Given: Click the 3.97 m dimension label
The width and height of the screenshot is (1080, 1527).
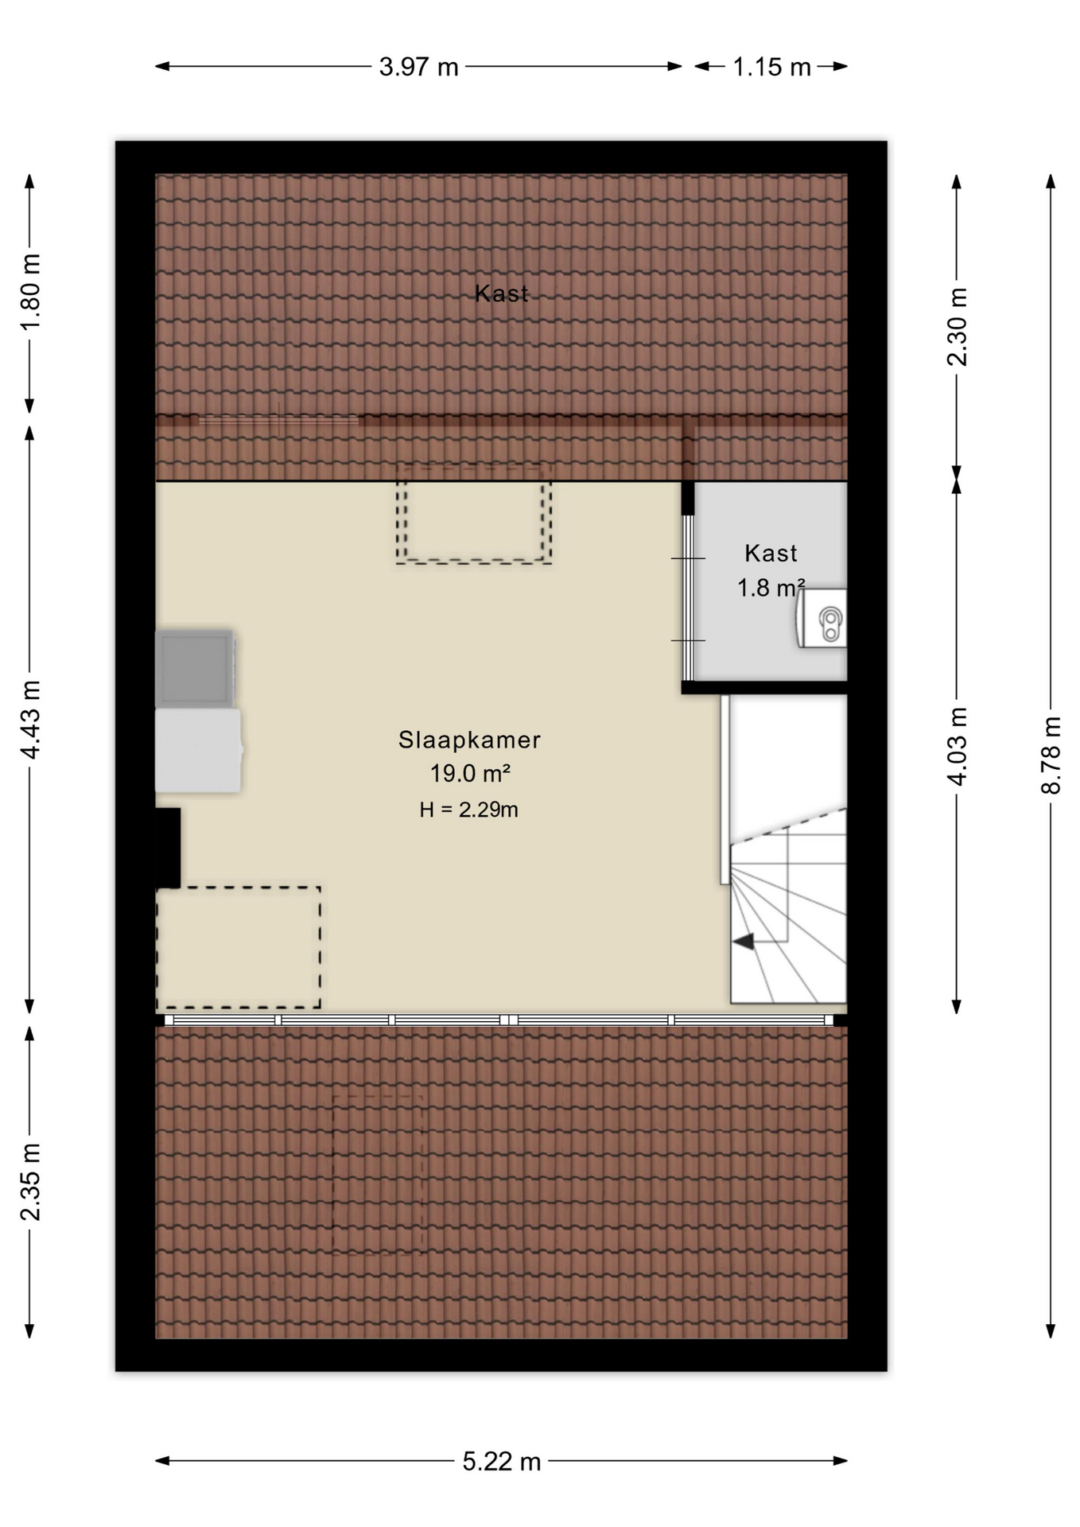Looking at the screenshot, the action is pos(418,67).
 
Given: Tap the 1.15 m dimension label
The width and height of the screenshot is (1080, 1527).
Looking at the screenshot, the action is pos(771,67).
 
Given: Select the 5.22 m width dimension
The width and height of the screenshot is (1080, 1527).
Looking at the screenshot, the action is pos(501,1461).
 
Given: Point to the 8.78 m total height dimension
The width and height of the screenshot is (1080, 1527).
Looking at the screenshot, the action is pos(1051,755).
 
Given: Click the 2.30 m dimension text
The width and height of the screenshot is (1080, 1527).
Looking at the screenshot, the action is pos(958,326).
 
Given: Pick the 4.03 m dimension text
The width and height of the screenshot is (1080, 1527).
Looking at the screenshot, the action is pos(958,746).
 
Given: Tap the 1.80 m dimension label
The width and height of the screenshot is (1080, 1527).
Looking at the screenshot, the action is pos(30,293).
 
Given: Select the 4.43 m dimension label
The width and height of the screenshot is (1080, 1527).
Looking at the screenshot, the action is pos(30,720).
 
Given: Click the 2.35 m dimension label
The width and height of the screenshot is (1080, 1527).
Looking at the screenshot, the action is pos(30,1181).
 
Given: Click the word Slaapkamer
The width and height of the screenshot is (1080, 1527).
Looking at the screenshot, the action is pos(469,740).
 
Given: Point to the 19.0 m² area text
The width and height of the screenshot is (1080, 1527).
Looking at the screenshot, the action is pos(470,773).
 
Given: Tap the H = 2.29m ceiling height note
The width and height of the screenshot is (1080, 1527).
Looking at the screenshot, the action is pos(469,810).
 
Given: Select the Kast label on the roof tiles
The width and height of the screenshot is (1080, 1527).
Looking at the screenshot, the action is pos(501,293).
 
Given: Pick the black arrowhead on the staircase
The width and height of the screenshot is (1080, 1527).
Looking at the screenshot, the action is pos(744,942).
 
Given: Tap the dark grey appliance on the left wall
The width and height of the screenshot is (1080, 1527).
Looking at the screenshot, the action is pos(196,669).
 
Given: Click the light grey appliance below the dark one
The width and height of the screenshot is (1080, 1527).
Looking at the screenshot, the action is pos(199,750).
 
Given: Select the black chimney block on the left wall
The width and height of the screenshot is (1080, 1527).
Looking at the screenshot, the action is pos(168,848).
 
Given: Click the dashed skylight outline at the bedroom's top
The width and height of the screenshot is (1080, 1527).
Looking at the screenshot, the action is pos(474,562).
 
